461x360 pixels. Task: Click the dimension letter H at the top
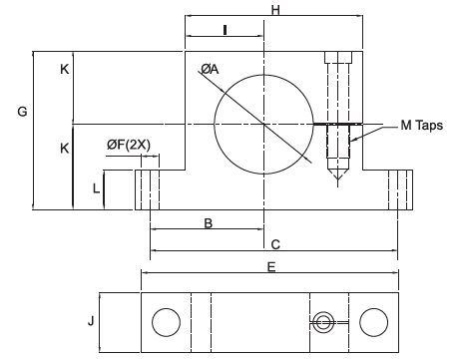click(x=275, y=10)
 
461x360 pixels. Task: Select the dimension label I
click(x=226, y=30)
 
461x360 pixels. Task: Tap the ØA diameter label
click(x=210, y=69)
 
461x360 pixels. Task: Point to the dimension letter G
click(x=22, y=112)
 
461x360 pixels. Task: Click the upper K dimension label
click(x=65, y=69)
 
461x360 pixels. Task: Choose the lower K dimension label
click(x=65, y=149)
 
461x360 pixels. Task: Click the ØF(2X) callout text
click(x=129, y=145)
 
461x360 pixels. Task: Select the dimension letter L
click(x=96, y=188)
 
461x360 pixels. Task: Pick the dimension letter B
click(x=208, y=223)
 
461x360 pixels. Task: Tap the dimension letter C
click(x=275, y=244)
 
